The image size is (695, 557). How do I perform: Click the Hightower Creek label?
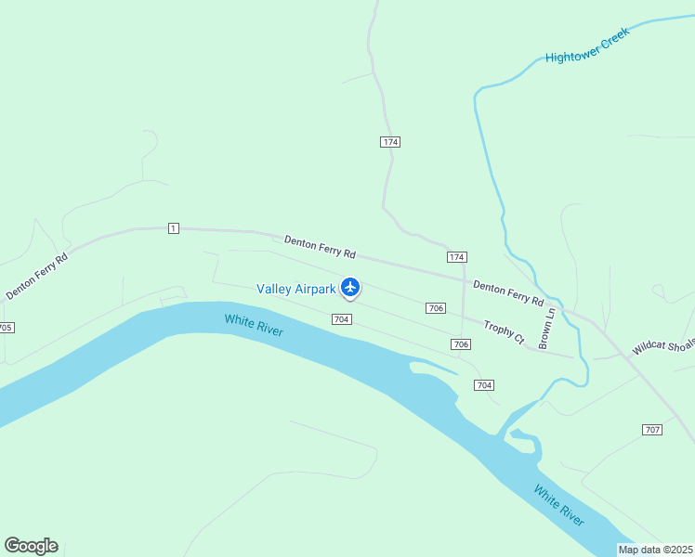click(587, 45)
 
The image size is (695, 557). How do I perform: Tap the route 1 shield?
click(173, 228)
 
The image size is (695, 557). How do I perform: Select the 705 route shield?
click(6, 328)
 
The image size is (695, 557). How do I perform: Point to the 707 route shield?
click(651, 429)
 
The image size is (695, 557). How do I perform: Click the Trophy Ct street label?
click(505, 331)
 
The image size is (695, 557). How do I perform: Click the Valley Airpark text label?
click(295, 289)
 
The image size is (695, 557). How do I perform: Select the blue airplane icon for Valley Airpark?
click(350, 288)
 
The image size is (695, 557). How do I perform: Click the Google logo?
click(31, 546)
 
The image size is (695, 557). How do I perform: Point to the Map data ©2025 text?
click(655, 550)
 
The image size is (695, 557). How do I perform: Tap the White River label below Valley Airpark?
click(254, 326)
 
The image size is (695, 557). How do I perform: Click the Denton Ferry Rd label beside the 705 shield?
click(37, 277)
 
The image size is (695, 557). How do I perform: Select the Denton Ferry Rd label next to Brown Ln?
click(507, 292)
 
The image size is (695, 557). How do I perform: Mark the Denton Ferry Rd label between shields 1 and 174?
click(320, 246)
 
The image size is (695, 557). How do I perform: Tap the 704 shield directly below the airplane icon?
click(341, 319)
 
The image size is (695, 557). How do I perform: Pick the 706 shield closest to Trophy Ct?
click(461, 344)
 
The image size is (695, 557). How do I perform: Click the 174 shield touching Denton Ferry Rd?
click(456, 256)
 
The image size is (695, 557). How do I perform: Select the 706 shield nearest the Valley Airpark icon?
click(435, 308)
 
